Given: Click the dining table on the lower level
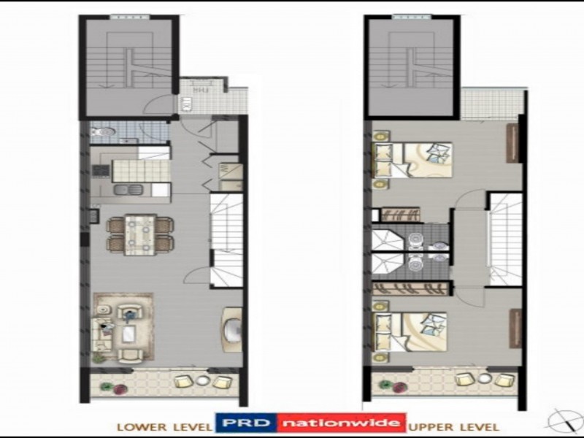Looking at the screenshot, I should tap(141, 234).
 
